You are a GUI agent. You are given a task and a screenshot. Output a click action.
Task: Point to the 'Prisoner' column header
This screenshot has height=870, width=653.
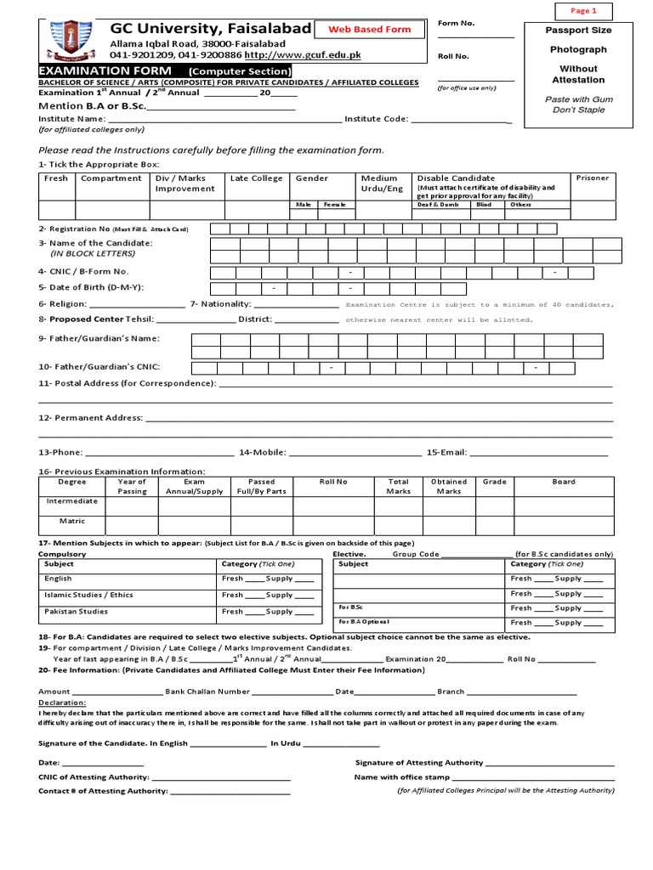(593, 178)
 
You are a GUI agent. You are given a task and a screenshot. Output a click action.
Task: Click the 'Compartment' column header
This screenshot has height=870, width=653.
(111, 178)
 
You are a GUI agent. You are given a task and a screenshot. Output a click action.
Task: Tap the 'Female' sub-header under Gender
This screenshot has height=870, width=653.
(334, 205)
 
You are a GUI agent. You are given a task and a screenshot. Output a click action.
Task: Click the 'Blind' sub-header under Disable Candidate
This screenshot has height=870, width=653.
(483, 205)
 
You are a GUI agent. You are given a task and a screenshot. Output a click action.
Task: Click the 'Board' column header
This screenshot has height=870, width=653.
(564, 482)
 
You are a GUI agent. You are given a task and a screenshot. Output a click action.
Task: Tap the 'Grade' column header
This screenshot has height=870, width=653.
(494, 482)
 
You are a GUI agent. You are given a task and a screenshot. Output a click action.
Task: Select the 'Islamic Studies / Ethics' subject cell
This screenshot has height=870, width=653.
(88, 595)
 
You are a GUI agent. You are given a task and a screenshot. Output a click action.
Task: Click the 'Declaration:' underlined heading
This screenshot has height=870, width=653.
(62, 703)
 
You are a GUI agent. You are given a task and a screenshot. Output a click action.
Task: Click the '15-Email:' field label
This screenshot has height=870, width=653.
(446, 453)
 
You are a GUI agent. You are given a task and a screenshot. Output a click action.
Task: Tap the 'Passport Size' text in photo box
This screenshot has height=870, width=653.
(578, 31)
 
